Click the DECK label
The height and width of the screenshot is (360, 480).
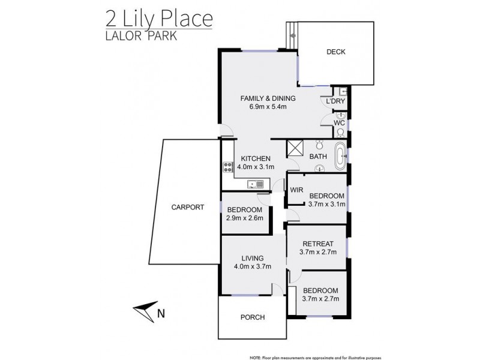tap(336, 52)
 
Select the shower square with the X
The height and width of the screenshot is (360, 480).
tap(295, 148)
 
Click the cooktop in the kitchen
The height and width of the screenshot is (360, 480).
tap(227, 167)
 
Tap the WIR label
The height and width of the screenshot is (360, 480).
tap(296, 190)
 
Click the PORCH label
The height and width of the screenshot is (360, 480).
tap(252, 317)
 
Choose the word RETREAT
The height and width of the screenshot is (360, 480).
tap(317, 244)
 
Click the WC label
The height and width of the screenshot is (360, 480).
tap(339, 123)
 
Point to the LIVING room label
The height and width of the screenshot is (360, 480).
tap(248, 259)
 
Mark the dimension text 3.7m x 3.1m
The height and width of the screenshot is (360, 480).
tap(326, 205)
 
